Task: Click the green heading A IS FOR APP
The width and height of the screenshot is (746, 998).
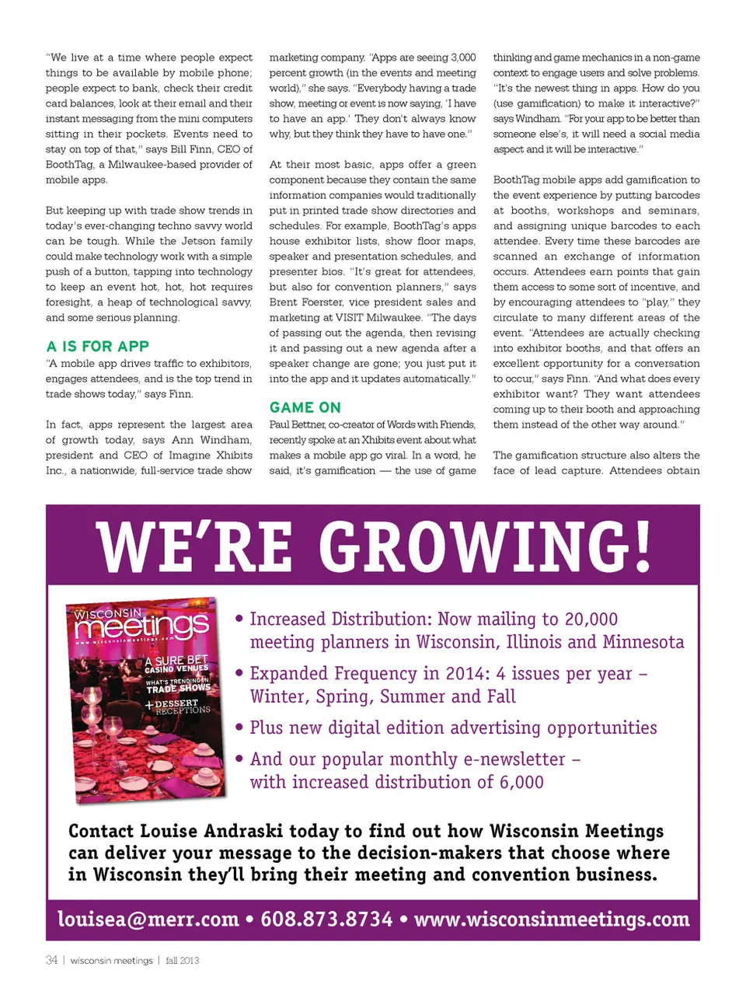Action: tap(97, 347)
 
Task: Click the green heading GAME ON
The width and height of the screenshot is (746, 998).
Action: tap(305, 407)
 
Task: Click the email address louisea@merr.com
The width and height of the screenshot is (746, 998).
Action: tap(148, 919)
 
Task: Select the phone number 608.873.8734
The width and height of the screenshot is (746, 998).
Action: tap(326, 919)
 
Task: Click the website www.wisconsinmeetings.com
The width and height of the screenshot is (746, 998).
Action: tap(552, 919)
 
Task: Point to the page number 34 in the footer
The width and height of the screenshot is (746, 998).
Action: tap(51, 961)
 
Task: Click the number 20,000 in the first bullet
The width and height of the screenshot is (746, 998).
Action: tap(591, 619)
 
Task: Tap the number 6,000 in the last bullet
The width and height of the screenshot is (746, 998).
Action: tap(521, 783)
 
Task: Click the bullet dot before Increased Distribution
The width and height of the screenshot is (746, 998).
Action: tap(240, 619)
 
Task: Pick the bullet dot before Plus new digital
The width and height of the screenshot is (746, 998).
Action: tap(240, 728)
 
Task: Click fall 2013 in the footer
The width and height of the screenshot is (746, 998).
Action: tap(182, 961)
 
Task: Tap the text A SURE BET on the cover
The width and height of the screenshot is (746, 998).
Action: tap(176, 661)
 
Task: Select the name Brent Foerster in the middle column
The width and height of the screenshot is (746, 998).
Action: tap(306, 302)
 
